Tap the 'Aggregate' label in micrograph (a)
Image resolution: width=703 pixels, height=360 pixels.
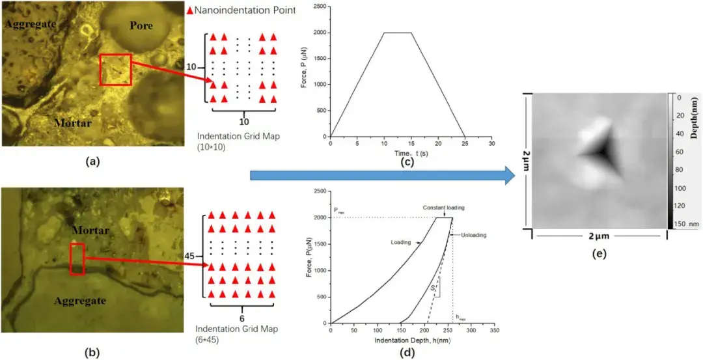tap(29, 24)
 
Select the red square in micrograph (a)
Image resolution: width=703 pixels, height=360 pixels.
tap(115, 70)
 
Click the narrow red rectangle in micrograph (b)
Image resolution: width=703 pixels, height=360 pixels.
tap(77, 258)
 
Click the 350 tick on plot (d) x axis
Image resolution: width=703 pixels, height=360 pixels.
tap(494, 331)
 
